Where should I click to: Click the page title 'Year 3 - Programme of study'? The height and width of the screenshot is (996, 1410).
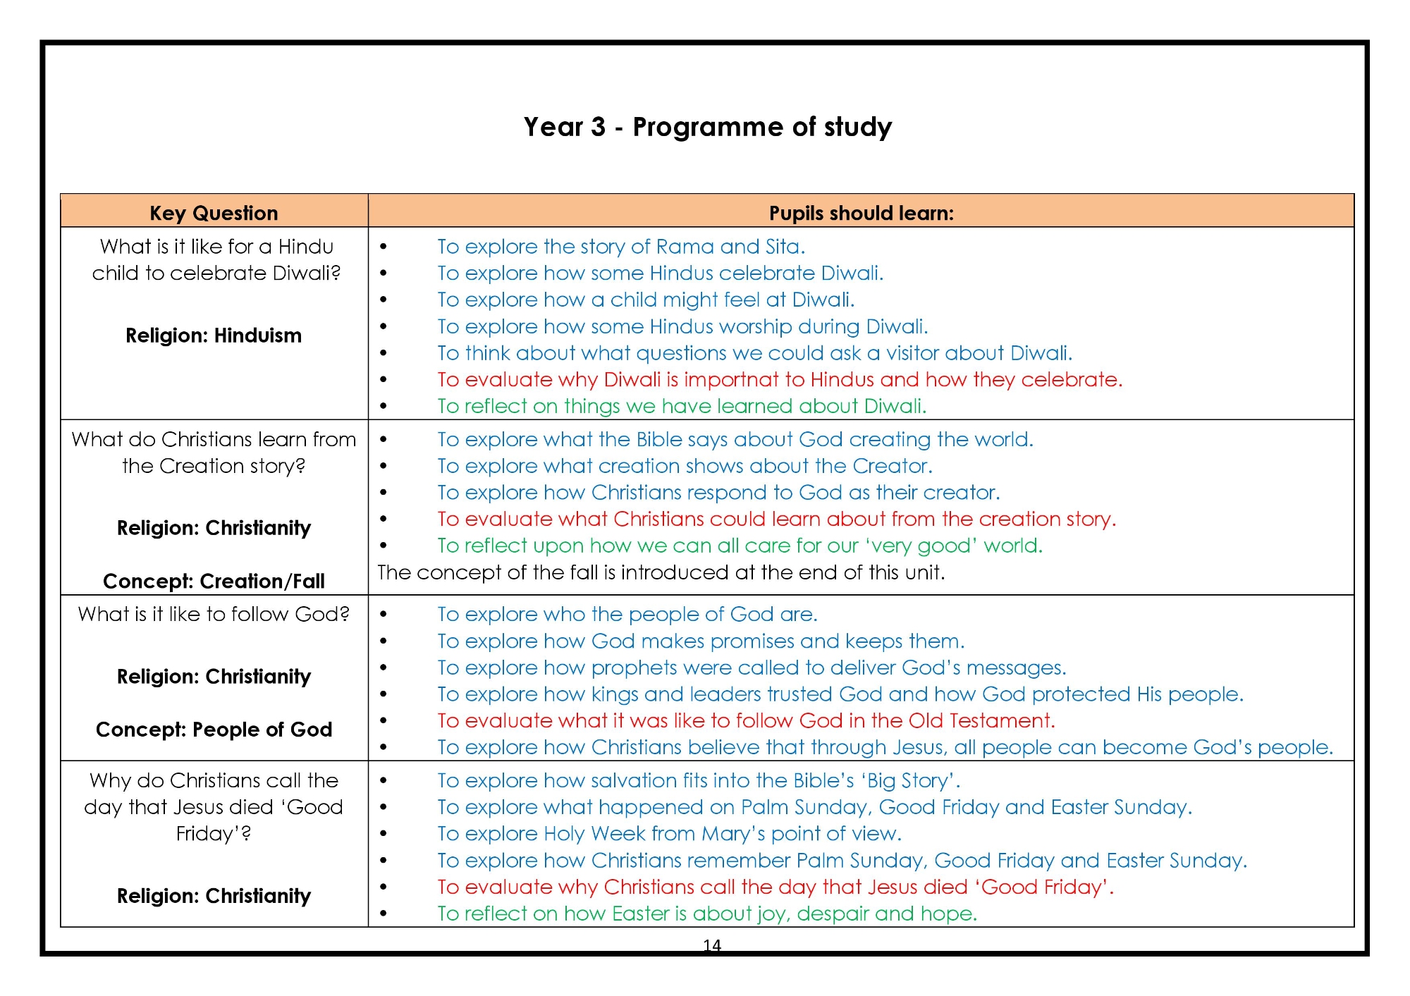pos(707,127)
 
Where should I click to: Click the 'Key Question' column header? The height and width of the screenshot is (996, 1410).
pos(214,213)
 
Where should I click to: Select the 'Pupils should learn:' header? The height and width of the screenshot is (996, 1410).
pos(861,213)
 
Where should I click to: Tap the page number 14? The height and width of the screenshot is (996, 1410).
pos(712,945)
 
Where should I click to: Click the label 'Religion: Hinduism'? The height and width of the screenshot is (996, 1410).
pos(214,336)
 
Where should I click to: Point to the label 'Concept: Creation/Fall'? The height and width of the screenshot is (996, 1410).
pos(214,581)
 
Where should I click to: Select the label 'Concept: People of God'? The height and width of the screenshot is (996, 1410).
pos(214,730)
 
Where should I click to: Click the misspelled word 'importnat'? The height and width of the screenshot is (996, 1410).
pos(731,380)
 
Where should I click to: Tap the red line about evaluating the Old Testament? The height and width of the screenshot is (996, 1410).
pos(745,720)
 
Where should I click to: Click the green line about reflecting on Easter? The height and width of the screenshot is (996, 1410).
pos(706,914)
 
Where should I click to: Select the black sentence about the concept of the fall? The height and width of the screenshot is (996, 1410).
pos(661,572)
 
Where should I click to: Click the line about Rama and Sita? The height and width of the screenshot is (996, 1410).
pos(620,247)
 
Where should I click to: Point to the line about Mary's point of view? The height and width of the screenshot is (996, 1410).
pos(668,834)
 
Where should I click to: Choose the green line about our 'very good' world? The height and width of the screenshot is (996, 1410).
pos(739,546)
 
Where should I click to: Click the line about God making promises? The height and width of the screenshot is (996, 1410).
pos(700,641)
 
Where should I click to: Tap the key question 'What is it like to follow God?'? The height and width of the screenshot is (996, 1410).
pos(214,614)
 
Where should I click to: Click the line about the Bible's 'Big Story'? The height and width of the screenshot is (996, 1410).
pos(698,781)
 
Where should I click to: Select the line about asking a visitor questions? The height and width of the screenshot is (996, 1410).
pos(754,353)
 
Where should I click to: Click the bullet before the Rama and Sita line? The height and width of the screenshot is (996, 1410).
pos(384,247)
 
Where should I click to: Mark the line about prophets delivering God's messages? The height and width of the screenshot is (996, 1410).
pos(751,668)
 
